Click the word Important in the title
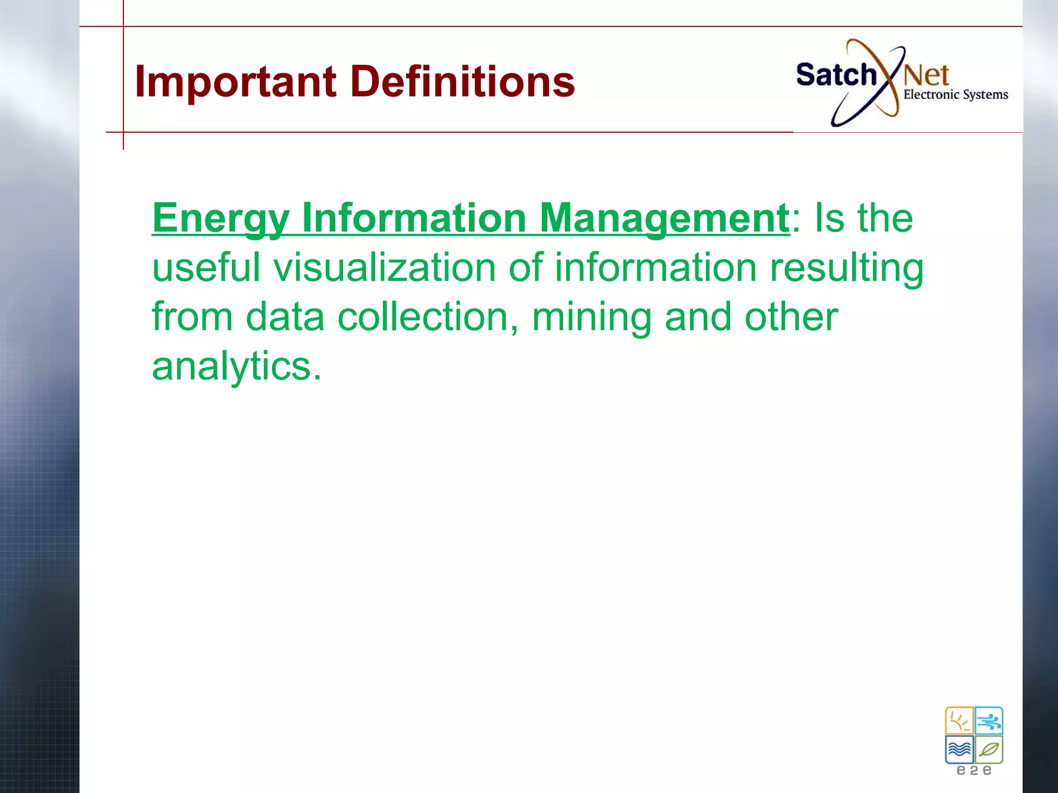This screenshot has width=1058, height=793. [236, 82]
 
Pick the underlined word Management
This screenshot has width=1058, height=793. [664, 218]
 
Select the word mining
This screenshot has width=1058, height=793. [592, 318]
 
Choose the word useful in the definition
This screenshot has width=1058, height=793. [206, 267]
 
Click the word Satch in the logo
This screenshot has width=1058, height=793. [836, 75]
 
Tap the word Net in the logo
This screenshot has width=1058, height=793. [926, 76]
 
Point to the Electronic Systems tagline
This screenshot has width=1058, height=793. [956, 95]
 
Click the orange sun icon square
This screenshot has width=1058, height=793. [959, 721]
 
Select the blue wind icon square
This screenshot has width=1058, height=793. [989, 721]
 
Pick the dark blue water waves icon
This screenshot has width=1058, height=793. [959, 749]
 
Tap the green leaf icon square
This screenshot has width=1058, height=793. [989, 749]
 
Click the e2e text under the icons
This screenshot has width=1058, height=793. [974, 771]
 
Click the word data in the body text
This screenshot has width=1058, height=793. [285, 316]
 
